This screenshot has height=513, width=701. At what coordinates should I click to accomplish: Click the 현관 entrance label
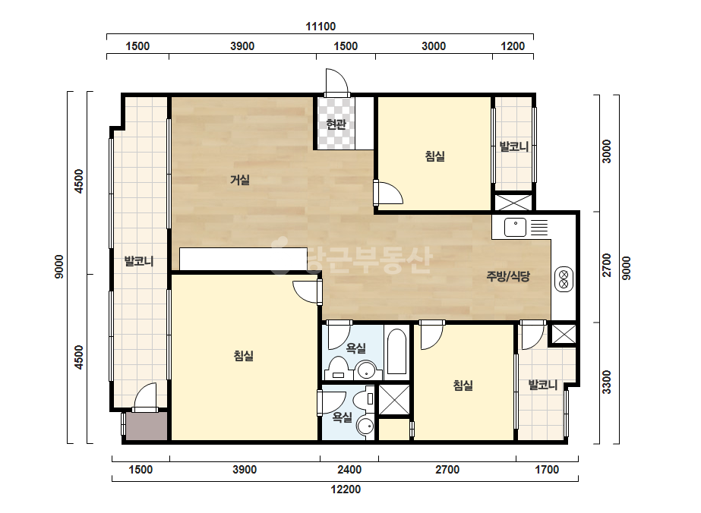[x=336, y=124]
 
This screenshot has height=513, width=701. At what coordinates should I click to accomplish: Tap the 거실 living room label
[x=240, y=180]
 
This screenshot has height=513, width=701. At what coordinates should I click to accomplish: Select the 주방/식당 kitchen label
[x=508, y=276]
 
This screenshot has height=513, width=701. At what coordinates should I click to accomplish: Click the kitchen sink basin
[x=516, y=227]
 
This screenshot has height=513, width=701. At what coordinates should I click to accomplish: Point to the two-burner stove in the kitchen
[x=564, y=279]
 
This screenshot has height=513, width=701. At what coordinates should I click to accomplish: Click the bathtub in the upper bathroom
[x=396, y=351]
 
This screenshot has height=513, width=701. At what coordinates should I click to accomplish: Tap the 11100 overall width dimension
[x=321, y=27]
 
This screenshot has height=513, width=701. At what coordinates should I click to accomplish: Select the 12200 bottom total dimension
[x=346, y=489]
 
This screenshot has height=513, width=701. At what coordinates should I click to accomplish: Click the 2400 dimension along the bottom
[x=349, y=470]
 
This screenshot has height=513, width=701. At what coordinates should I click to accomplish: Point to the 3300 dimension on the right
[x=606, y=382]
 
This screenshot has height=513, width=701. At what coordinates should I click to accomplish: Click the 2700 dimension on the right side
[x=606, y=265]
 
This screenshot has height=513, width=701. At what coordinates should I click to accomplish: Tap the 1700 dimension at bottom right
[x=548, y=470]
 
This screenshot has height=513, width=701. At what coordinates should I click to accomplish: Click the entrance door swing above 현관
[x=336, y=82]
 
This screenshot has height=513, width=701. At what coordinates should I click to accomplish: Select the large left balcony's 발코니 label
[x=139, y=261]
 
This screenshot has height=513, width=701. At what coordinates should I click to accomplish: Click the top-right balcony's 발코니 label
[x=514, y=146]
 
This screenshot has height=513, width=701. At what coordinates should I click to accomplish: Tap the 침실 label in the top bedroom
[x=435, y=156]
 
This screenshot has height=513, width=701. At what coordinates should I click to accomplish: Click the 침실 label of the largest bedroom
[x=244, y=356]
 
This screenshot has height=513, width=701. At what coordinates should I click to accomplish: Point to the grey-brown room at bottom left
[x=146, y=426]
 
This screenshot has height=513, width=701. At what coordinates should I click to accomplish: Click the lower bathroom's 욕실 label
[x=342, y=417]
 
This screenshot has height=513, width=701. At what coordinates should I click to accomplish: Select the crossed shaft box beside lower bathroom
[x=394, y=400]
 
